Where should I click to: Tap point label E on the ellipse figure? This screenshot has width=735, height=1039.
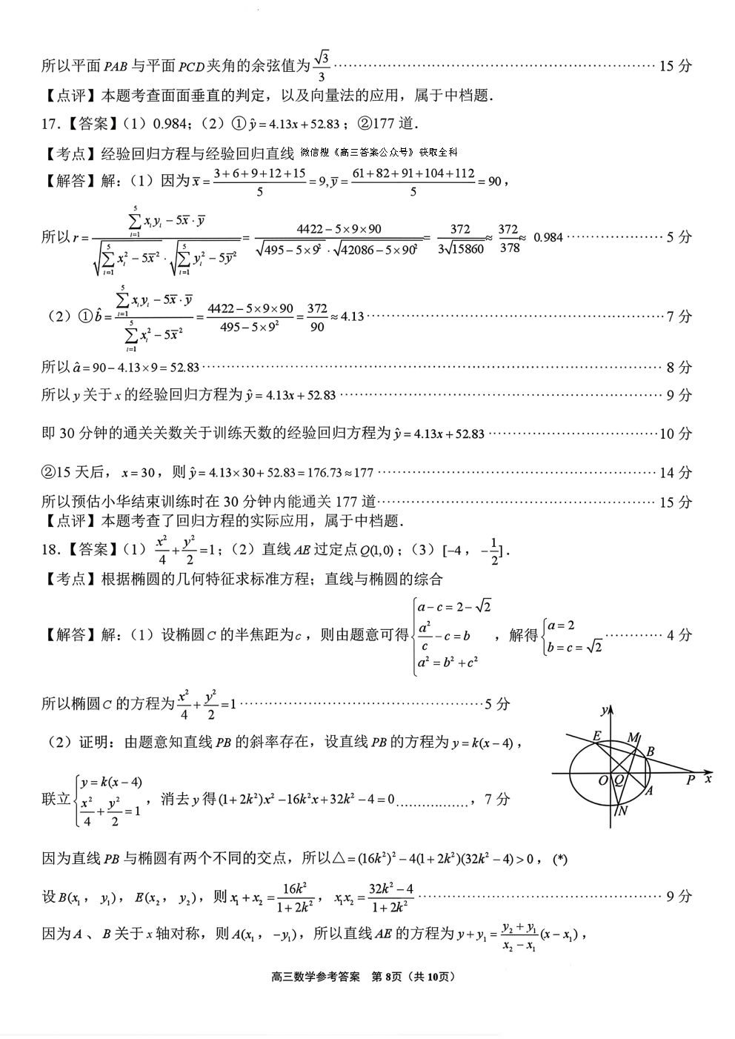click(x=596, y=736)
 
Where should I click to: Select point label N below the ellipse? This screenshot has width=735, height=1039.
click(x=622, y=810)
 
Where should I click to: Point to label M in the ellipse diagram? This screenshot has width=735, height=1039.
click(x=633, y=737)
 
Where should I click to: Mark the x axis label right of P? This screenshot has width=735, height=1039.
click(x=709, y=779)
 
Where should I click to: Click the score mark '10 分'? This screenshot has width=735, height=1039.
click(x=675, y=434)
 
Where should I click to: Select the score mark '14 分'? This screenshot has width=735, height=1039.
click(x=675, y=472)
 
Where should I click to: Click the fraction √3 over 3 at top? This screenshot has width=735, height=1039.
click(x=321, y=66)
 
